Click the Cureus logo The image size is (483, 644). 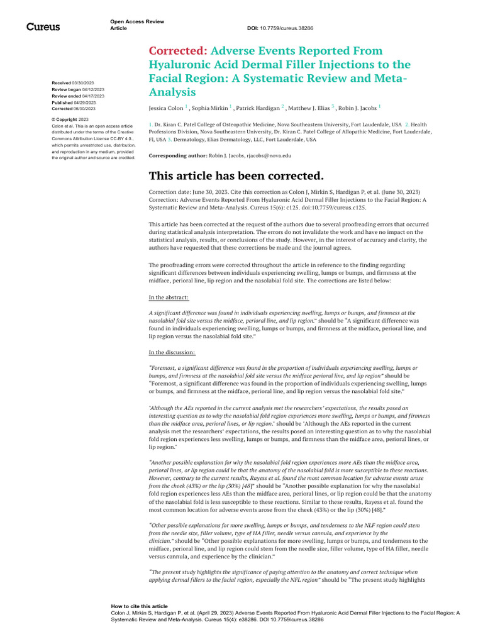pyautogui.click(x=43, y=26)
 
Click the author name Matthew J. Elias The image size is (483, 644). pyautogui.click(x=309, y=108)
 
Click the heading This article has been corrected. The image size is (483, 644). pyautogui.click(x=236, y=175)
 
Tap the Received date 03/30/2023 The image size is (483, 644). pyautogui.click(x=84, y=83)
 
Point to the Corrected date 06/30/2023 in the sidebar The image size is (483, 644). pyautogui.click(x=85, y=109)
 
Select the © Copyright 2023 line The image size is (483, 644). pyautogui.click(x=70, y=119)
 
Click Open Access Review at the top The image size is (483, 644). pyautogui.click(x=136, y=22)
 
